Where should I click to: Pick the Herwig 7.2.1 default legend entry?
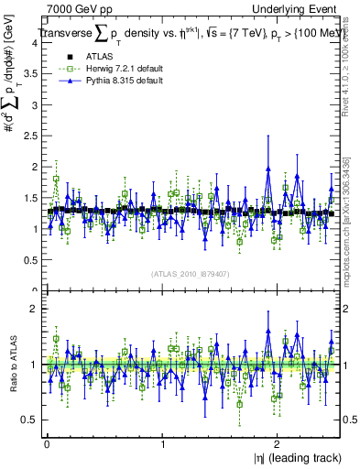[x=110, y=70]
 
